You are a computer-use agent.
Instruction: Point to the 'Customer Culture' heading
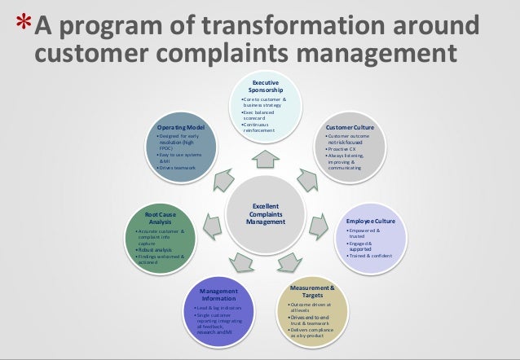350,129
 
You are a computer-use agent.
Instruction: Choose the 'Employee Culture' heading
370,221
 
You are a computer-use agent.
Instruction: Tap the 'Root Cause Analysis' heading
155,218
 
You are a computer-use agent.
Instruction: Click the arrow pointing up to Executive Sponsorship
265,156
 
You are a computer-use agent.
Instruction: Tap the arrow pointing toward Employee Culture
323,221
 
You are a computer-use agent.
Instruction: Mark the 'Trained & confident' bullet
372,256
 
